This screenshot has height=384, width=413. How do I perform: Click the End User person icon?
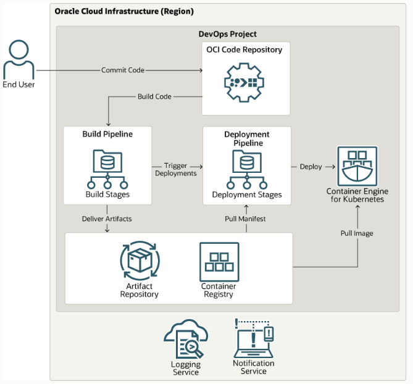19,59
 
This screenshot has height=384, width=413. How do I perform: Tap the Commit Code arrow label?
123,70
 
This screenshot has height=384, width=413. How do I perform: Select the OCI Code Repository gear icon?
245,83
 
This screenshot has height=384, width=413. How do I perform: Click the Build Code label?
154,97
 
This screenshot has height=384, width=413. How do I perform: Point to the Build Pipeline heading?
107,134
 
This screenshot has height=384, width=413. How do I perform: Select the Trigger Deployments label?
176,170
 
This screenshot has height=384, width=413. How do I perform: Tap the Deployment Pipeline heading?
247,138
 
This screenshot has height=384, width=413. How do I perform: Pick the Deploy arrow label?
311,167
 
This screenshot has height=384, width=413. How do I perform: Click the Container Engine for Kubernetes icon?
357,166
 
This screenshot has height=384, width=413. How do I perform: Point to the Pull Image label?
357,233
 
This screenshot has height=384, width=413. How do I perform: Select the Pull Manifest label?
245,219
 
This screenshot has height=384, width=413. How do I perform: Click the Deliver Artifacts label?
107,219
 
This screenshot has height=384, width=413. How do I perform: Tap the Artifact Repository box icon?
140,261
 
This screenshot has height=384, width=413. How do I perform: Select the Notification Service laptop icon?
254,339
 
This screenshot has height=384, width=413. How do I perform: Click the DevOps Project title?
227,34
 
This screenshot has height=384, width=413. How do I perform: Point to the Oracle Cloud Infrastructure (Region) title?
123,12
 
